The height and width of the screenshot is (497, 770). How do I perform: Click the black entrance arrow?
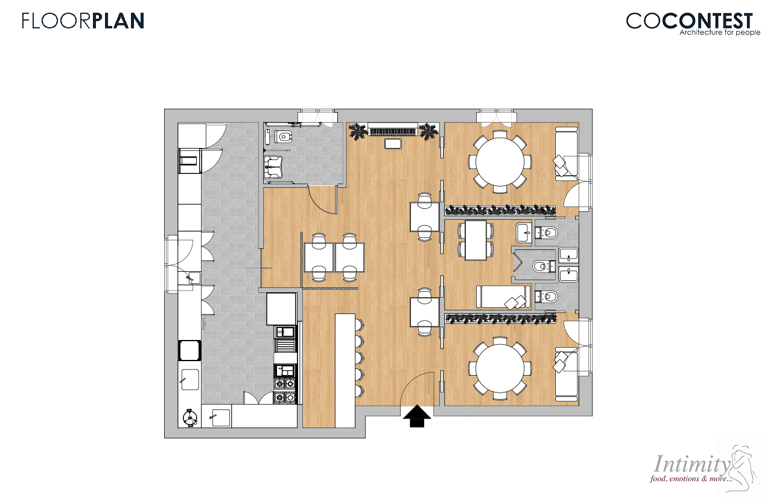pyautogui.click(x=417, y=416)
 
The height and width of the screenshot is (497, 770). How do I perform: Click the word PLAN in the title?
pyautogui.click(x=118, y=21)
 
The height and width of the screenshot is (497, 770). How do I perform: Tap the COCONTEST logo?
pyautogui.click(x=690, y=21)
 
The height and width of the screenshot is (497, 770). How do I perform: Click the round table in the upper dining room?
pyautogui.click(x=500, y=161)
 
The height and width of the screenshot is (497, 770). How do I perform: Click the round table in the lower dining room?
pyautogui.click(x=500, y=368)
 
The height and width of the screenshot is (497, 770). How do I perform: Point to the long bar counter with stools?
pyautogui.click(x=345, y=370)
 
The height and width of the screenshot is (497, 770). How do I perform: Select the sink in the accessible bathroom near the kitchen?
pyautogui.click(x=273, y=167)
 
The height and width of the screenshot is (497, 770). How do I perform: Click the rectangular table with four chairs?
pyautogui.click(x=476, y=240)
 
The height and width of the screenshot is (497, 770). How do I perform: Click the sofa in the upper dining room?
pyautogui.click(x=567, y=153)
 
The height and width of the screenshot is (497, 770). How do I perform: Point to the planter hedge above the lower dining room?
pyautogui.click(x=500, y=318)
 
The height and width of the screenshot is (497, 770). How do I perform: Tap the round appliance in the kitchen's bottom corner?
pyautogui.click(x=189, y=418)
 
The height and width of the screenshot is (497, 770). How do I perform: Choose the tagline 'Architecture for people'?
pyautogui.click(x=719, y=33)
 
